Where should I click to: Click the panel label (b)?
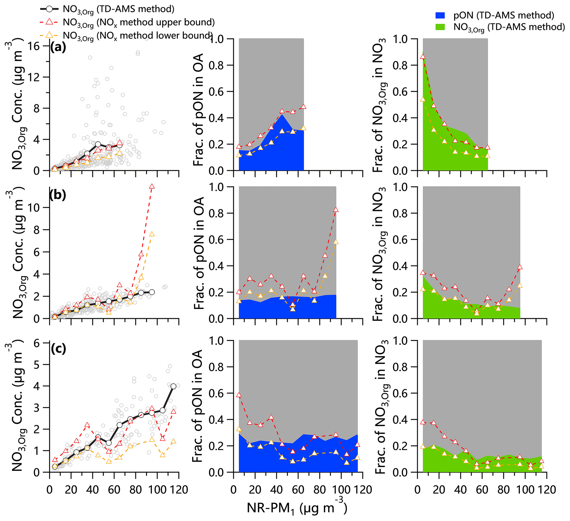57,195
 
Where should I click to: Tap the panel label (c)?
58,349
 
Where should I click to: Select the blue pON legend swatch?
440,15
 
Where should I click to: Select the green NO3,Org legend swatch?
440,27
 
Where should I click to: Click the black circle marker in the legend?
49,9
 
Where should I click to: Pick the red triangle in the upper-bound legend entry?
49,22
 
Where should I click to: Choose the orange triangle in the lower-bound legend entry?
49,35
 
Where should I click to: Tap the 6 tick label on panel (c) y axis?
37,344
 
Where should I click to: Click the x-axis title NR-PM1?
297,508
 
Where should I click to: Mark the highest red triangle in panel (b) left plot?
152,187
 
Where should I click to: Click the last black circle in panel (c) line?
173,386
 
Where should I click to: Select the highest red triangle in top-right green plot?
423,57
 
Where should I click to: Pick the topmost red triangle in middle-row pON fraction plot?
336,210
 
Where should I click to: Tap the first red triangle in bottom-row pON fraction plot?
239,395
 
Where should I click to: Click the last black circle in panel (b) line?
152,292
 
